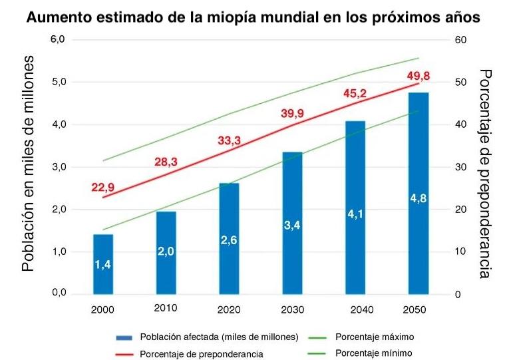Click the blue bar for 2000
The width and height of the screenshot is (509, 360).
(x=103, y=264)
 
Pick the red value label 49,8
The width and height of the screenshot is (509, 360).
(x=419, y=74)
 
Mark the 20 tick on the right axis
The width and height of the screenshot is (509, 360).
(x=460, y=210)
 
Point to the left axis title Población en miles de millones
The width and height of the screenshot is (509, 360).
(x=27, y=163)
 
